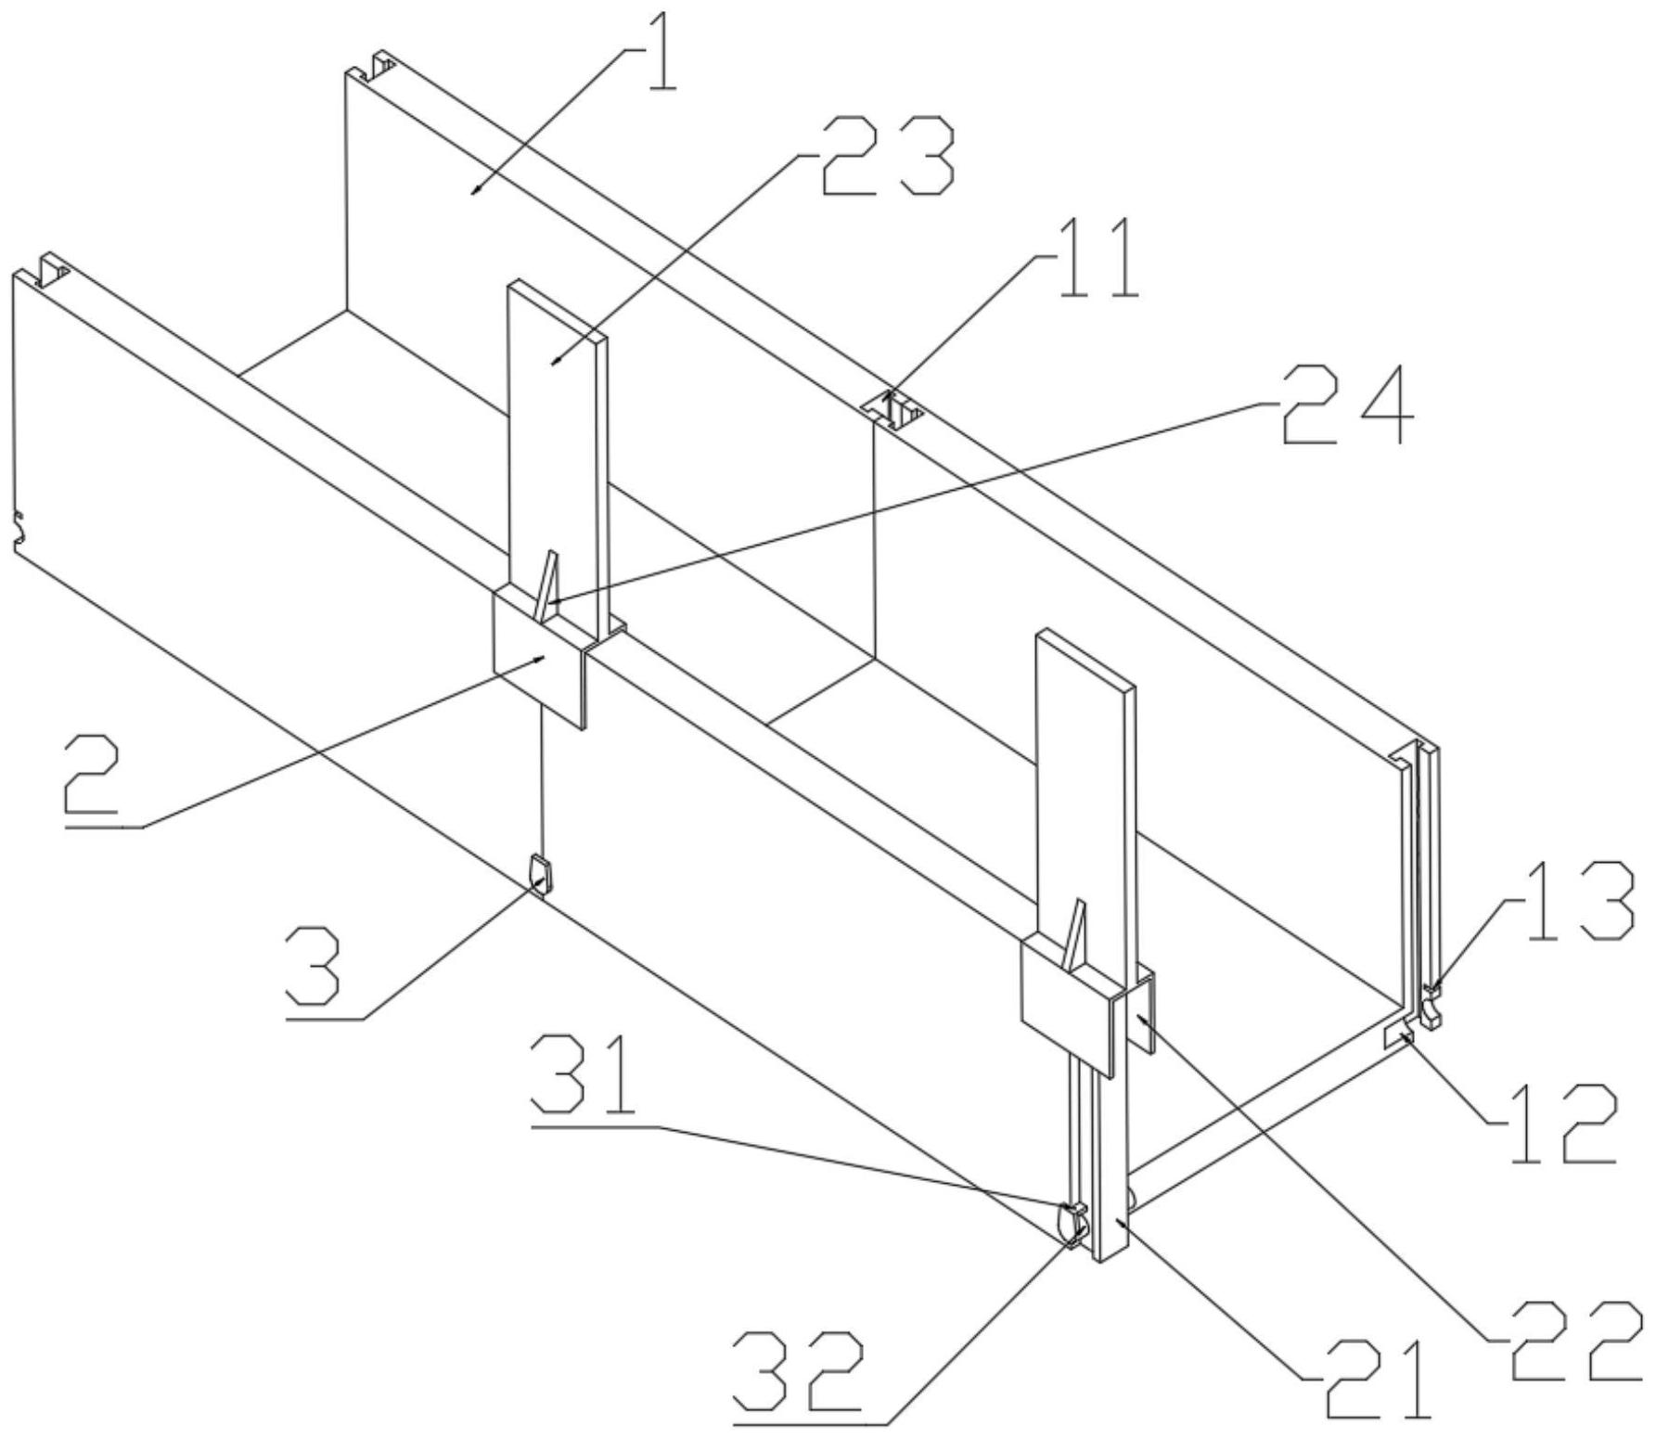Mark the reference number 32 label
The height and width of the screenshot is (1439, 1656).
pyautogui.click(x=798, y=1369)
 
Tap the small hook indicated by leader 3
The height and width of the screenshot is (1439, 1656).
pyautogui.click(x=539, y=873)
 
